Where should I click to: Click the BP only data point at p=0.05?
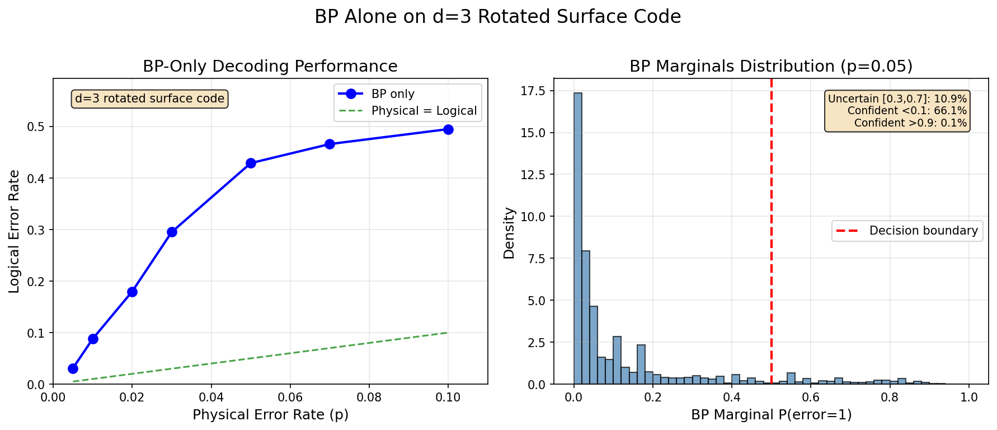click(x=251, y=163)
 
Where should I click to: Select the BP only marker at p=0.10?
click(x=448, y=129)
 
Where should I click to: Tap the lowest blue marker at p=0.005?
click(x=73, y=368)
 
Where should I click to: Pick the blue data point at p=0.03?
click(x=172, y=232)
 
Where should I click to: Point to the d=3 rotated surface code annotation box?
click(x=149, y=99)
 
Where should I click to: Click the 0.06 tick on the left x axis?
click(x=290, y=398)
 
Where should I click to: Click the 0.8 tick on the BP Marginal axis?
click(x=890, y=398)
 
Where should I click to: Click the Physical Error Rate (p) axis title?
click(x=270, y=415)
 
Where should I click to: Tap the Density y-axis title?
click(x=509, y=233)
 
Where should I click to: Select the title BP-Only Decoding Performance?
click(x=270, y=66)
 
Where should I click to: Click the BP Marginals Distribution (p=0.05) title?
click(x=771, y=66)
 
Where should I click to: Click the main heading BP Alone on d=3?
click(x=498, y=17)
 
